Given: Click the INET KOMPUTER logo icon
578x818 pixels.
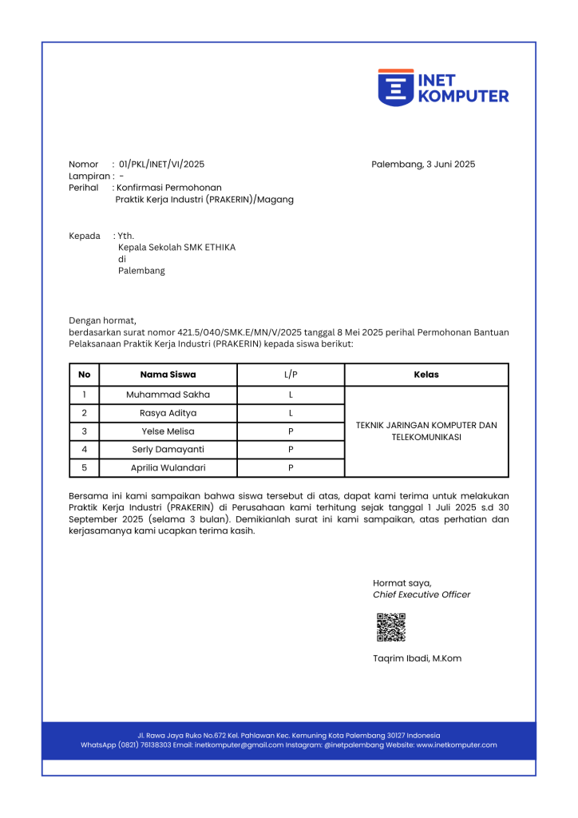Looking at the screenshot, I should point(395,87).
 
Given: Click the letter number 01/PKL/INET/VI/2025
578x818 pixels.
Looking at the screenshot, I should point(161,165).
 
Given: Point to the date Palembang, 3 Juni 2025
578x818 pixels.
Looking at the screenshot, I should point(423,165).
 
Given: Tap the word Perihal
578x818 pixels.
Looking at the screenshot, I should point(84,188).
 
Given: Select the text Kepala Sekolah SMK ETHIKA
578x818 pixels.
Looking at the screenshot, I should point(176,248).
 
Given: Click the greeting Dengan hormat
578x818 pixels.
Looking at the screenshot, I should point(103,320).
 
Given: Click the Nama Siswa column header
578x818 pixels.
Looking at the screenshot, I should point(168,375).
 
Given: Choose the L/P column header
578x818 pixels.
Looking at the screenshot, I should point(291,375).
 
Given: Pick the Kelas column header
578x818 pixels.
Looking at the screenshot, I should point(426,375).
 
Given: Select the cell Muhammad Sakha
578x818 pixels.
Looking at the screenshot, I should point(168,395).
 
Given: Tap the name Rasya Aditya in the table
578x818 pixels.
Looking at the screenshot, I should point(168,413).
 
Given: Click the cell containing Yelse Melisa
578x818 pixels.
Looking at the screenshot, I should point(168,431).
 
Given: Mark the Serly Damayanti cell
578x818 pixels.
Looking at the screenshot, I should point(168,450).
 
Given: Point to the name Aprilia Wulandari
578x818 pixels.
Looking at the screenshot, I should point(168,468).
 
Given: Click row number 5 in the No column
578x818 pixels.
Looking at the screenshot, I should point(85,468).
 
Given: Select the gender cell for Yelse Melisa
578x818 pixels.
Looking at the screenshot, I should point(291,431).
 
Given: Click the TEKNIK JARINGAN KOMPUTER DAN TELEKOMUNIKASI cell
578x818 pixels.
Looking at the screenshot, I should point(426,431).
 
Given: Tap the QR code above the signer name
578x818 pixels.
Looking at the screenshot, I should point(391,627).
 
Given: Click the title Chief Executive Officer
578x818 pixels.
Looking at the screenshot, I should point(422,594).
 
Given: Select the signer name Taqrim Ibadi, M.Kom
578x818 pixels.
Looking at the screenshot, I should point(417,658).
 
